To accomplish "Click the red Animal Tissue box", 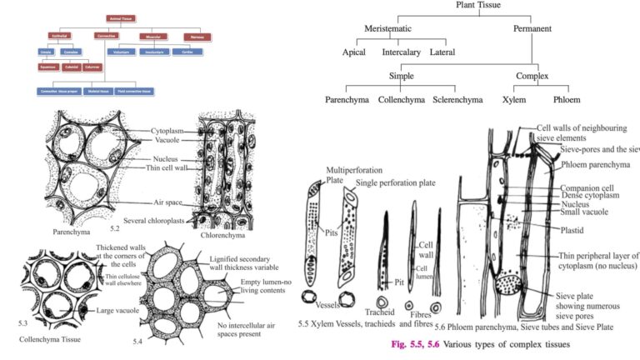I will (120, 17).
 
